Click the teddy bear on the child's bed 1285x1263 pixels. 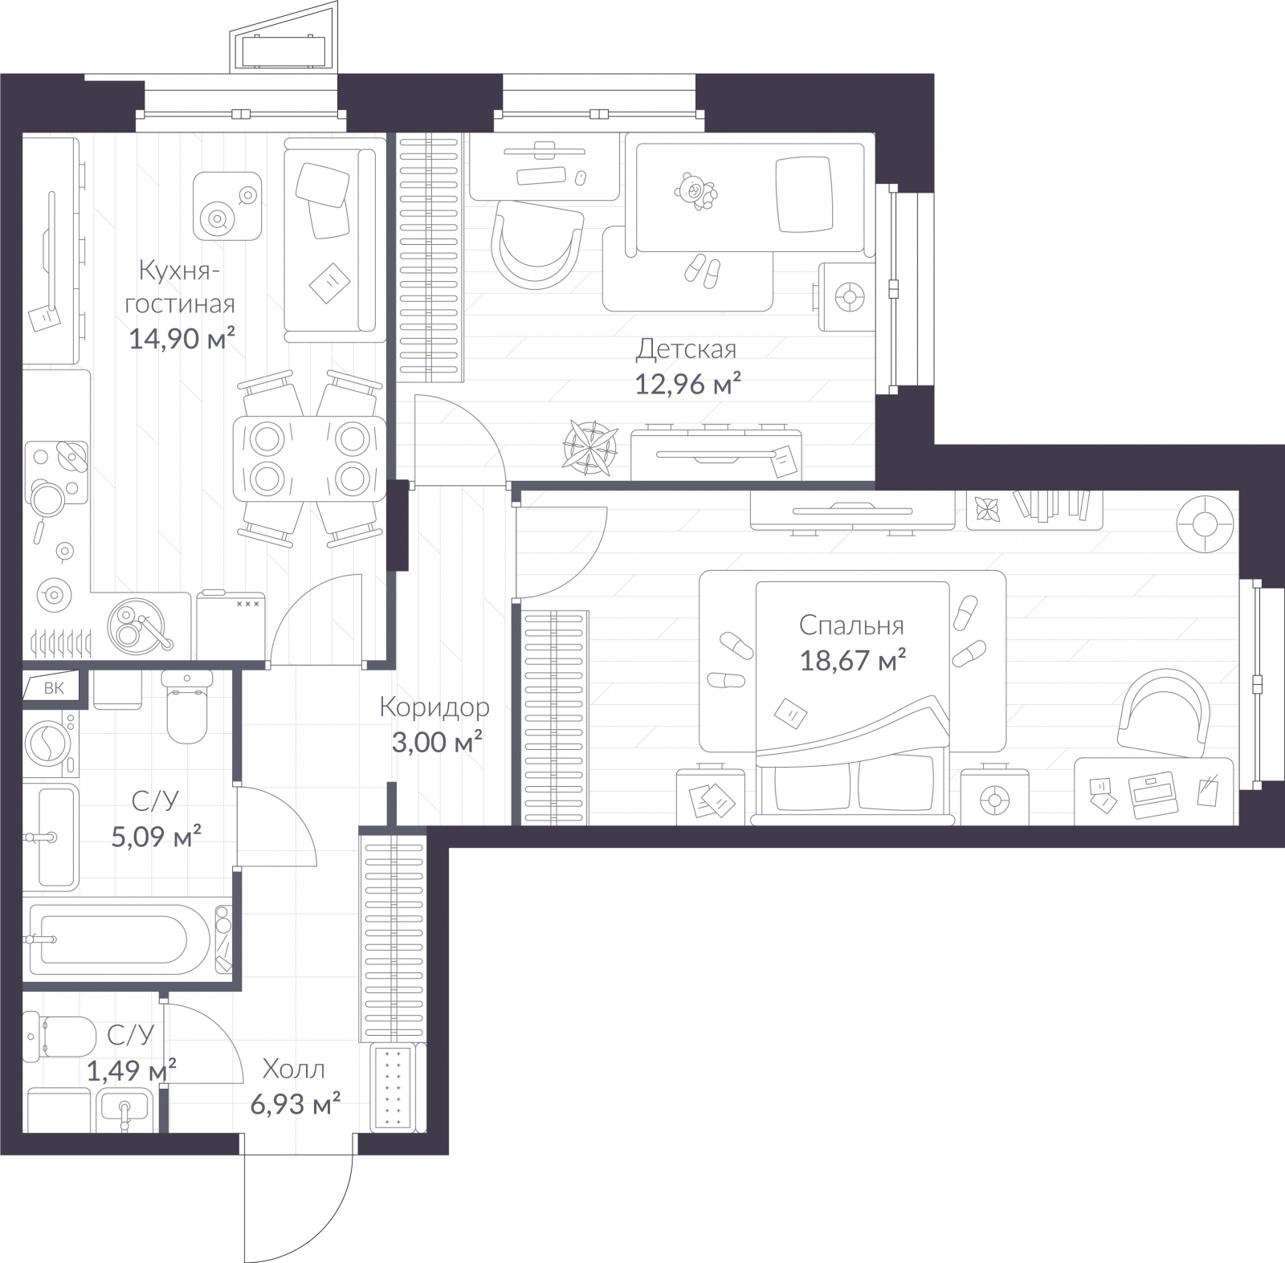coord(694,192)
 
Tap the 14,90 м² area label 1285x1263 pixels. coord(182,340)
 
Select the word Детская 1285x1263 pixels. coord(686,350)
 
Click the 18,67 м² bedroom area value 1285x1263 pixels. coord(853,661)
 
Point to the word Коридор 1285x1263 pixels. coord(434,707)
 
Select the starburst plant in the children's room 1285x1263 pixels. coord(591,443)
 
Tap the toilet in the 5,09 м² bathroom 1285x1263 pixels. coord(186,707)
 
